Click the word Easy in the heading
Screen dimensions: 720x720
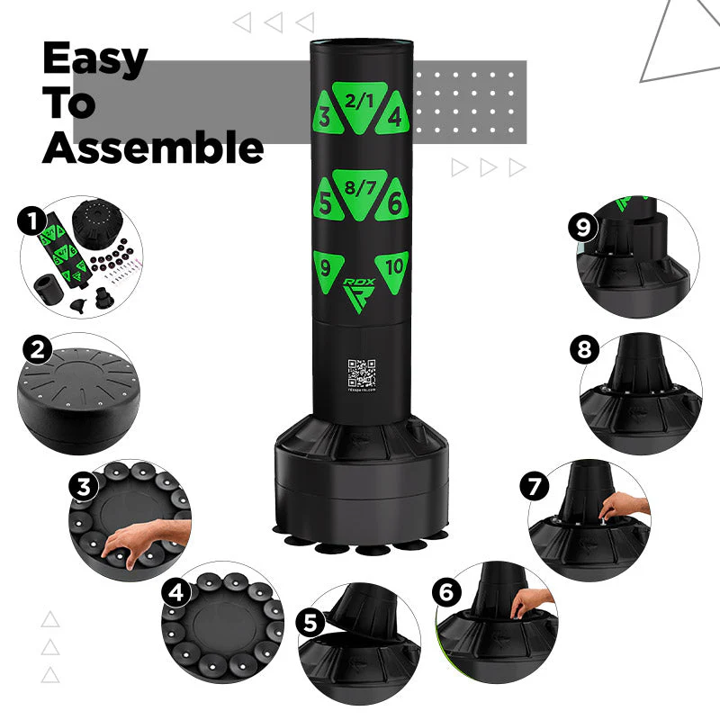coord(95,59)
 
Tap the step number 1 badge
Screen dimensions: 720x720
coord(33,220)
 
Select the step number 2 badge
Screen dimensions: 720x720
coord(37,349)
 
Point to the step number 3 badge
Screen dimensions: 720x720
coord(83,487)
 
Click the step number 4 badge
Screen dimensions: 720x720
coord(175,593)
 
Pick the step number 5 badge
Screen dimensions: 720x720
coord(311,622)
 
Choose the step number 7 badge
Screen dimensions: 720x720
coord(535,487)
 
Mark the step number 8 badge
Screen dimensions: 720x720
coord(584,350)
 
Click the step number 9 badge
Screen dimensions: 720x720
coord(583,227)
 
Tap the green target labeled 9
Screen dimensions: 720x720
coord(326,267)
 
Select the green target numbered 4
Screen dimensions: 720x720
coord(393,117)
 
